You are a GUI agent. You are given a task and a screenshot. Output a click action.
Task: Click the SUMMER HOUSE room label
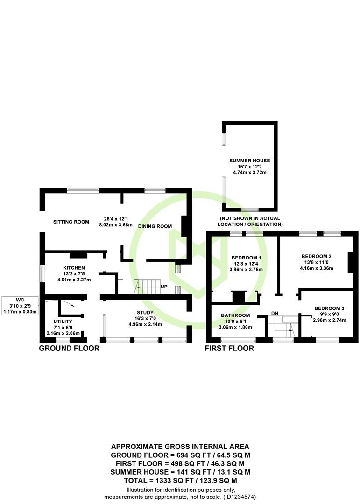[x=250, y=161]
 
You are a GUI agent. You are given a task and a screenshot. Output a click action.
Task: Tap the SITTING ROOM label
[x=71, y=222]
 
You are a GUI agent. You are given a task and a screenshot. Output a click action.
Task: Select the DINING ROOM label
[x=155, y=226]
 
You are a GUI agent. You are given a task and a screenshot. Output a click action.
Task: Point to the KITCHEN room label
[x=74, y=268]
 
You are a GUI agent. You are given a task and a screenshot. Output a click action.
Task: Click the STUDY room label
[x=145, y=312]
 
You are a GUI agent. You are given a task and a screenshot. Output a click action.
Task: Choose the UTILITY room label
[x=63, y=322]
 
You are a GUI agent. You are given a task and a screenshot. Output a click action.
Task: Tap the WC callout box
[x=20, y=305]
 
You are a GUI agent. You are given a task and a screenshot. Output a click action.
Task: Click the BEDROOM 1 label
[x=246, y=258]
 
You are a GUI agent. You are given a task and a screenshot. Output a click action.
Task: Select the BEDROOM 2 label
[x=316, y=257]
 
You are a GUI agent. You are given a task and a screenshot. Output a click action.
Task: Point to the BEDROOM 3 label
[x=330, y=308]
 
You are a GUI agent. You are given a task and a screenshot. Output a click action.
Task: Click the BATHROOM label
[x=235, y=315]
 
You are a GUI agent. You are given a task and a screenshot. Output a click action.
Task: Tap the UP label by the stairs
[x=164, y=287]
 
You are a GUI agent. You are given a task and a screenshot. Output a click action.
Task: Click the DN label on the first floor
[x=275, y=313]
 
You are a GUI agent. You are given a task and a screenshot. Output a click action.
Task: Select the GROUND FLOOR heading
[x=69, y=348]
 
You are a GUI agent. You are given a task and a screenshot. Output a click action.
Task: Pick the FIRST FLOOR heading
[x=229, y=348]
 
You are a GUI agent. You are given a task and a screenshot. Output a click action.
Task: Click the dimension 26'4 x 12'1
[x=116, y=219]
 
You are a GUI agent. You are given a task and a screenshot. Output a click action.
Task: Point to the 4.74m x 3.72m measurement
[x=250, y=172]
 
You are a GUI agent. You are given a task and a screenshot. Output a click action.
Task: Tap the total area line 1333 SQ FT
[x=181, y=481]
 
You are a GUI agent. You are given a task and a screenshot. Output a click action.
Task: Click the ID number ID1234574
[x=239, y=497]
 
